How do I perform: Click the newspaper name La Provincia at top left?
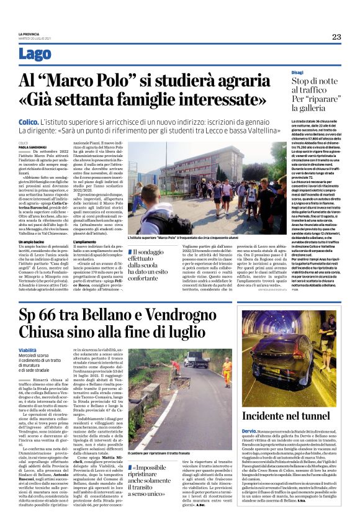tap(29, 34)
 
